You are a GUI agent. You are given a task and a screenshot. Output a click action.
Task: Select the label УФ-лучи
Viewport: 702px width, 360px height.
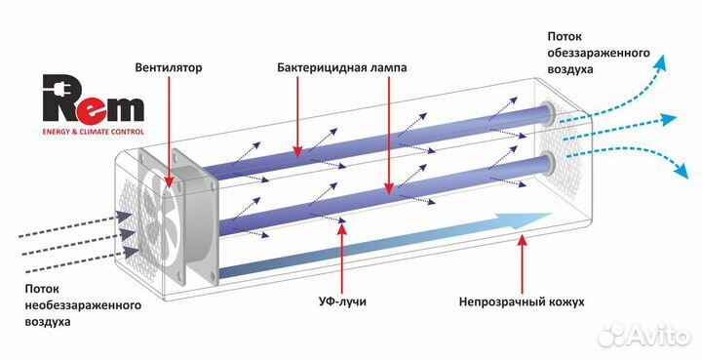[x=343, y=303]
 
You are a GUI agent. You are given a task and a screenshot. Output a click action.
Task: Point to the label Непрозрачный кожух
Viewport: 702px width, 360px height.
[x=522, y=303]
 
